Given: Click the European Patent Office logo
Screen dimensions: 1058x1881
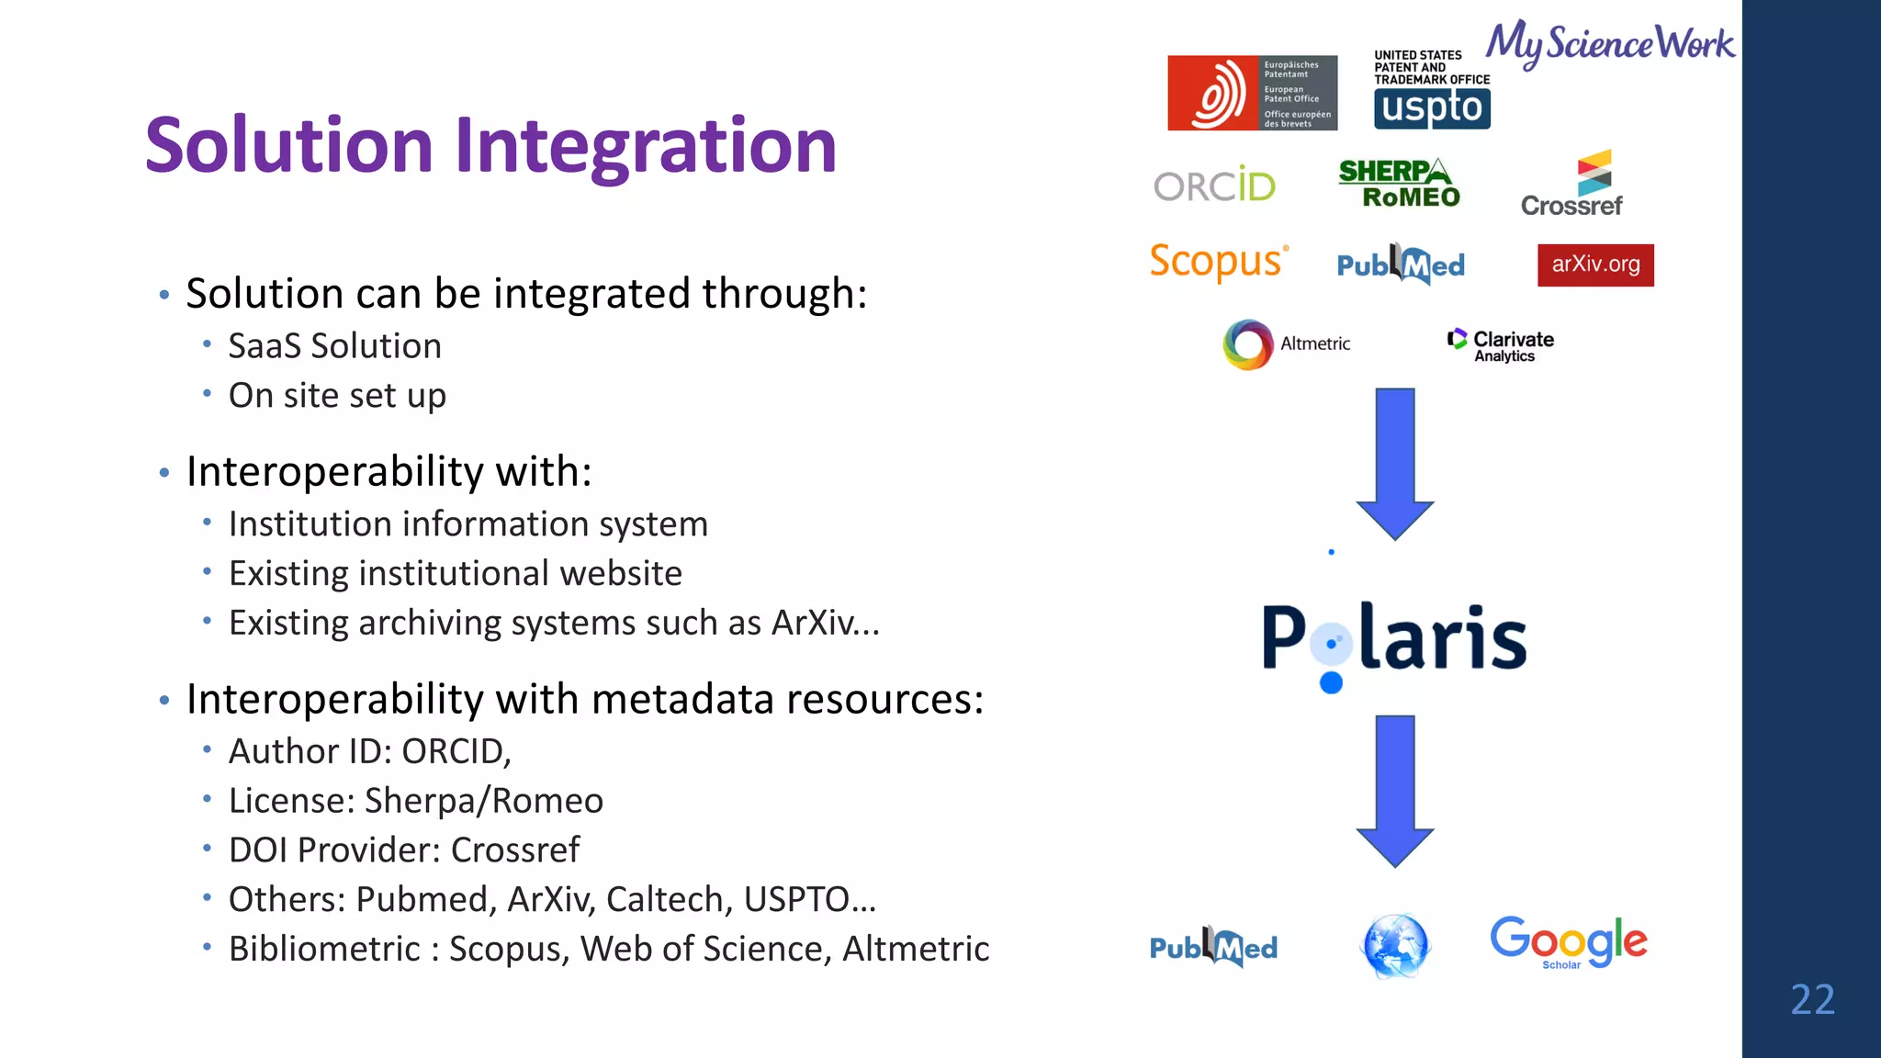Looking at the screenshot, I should click(x=1251, y=93).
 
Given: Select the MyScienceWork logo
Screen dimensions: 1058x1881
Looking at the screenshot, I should click(x=1610, y=43).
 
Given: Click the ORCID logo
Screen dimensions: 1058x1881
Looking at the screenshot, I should click(x=1214, y=186).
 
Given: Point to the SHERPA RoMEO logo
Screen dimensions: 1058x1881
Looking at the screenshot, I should click(x=1399, y=184).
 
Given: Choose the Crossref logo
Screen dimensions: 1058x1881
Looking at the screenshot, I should click(x=1571, y=185).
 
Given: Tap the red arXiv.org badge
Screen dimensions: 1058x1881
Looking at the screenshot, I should click(x=1595, y=264).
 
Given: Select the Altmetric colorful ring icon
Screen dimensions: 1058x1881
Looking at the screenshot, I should click(x=1248, y=344).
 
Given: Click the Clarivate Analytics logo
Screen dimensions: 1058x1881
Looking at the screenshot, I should click(x=1501, y=345).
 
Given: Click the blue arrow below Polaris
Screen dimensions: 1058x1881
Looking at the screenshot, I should click(x=1394, y=790).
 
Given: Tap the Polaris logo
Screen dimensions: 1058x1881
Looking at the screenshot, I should click(x=1394, y=639).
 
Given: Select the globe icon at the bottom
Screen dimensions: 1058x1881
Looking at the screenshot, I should click(x=1394, y=945).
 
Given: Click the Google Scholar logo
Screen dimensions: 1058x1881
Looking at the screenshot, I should click(x=1568, y=941).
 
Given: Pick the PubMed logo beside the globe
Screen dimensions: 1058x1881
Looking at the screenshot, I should click(x=1213, y=947).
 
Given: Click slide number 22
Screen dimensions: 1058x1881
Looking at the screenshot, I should click(x=1812, y=999).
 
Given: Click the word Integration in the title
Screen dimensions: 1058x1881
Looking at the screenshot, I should click(x=645, y=147).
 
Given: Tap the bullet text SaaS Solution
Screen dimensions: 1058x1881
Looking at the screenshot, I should click(x=334, y=346).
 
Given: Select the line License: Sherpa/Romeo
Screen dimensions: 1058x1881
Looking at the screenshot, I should click(x=415, y=801).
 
